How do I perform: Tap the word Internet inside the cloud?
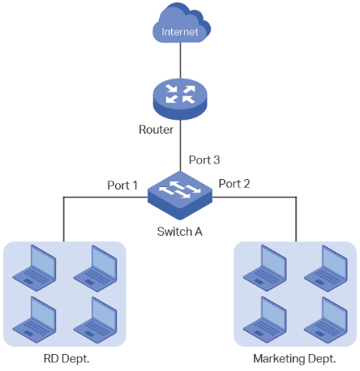180,32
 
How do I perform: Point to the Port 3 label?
204,160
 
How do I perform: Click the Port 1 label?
123,185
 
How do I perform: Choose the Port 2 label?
234,184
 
